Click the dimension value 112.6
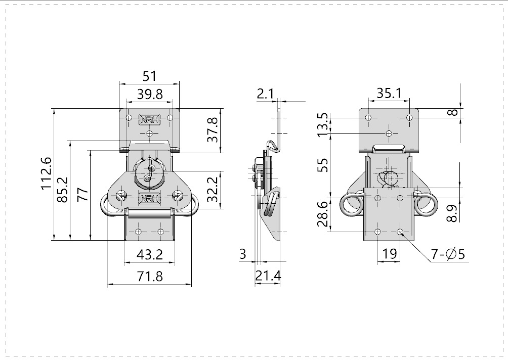[x=47, y=173]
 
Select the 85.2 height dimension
[x=63, y=190]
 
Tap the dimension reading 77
[x=82, y=195]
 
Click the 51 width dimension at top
[x=149, y=76]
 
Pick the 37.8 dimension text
[x=213, y=129]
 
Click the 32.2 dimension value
[x=213, y=189]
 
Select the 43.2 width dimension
[x=149, y=255]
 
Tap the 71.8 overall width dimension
[x=149, y=277]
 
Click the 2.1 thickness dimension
[x=265, y=94]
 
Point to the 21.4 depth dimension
[x=268, y=277]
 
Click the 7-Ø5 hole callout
[x=448, y=254]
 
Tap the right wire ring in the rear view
[x=425, y=205]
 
